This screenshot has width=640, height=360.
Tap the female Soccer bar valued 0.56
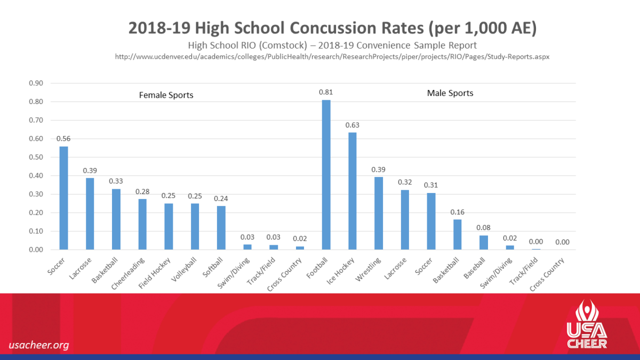pyautogui.click(x=63, y=198)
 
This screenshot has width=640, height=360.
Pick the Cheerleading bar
pyautogui.click(x=142, y=224)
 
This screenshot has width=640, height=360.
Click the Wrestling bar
pyautogui.click(x=379, y=213)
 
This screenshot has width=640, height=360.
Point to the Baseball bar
pyautogui.click(x=483, y=243)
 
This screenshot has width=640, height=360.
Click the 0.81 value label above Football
pyautogui.click(x=326, y=92)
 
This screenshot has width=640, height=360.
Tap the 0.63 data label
pyautogui.click(x=352, y=125)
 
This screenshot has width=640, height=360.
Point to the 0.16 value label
pyautogui.click(x=457, y=212)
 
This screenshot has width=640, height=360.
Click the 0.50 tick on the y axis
pyautogui.click(x=36, y=157)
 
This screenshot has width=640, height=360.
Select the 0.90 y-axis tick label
pyautogui.click(x=36, y=83)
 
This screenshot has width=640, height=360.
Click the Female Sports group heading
pyautogui.click(x=166, y=95)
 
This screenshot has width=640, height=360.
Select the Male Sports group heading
pyautogui.click(x=450, y=93)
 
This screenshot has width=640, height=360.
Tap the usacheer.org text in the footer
pyautogui.click(x=39, y=345)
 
